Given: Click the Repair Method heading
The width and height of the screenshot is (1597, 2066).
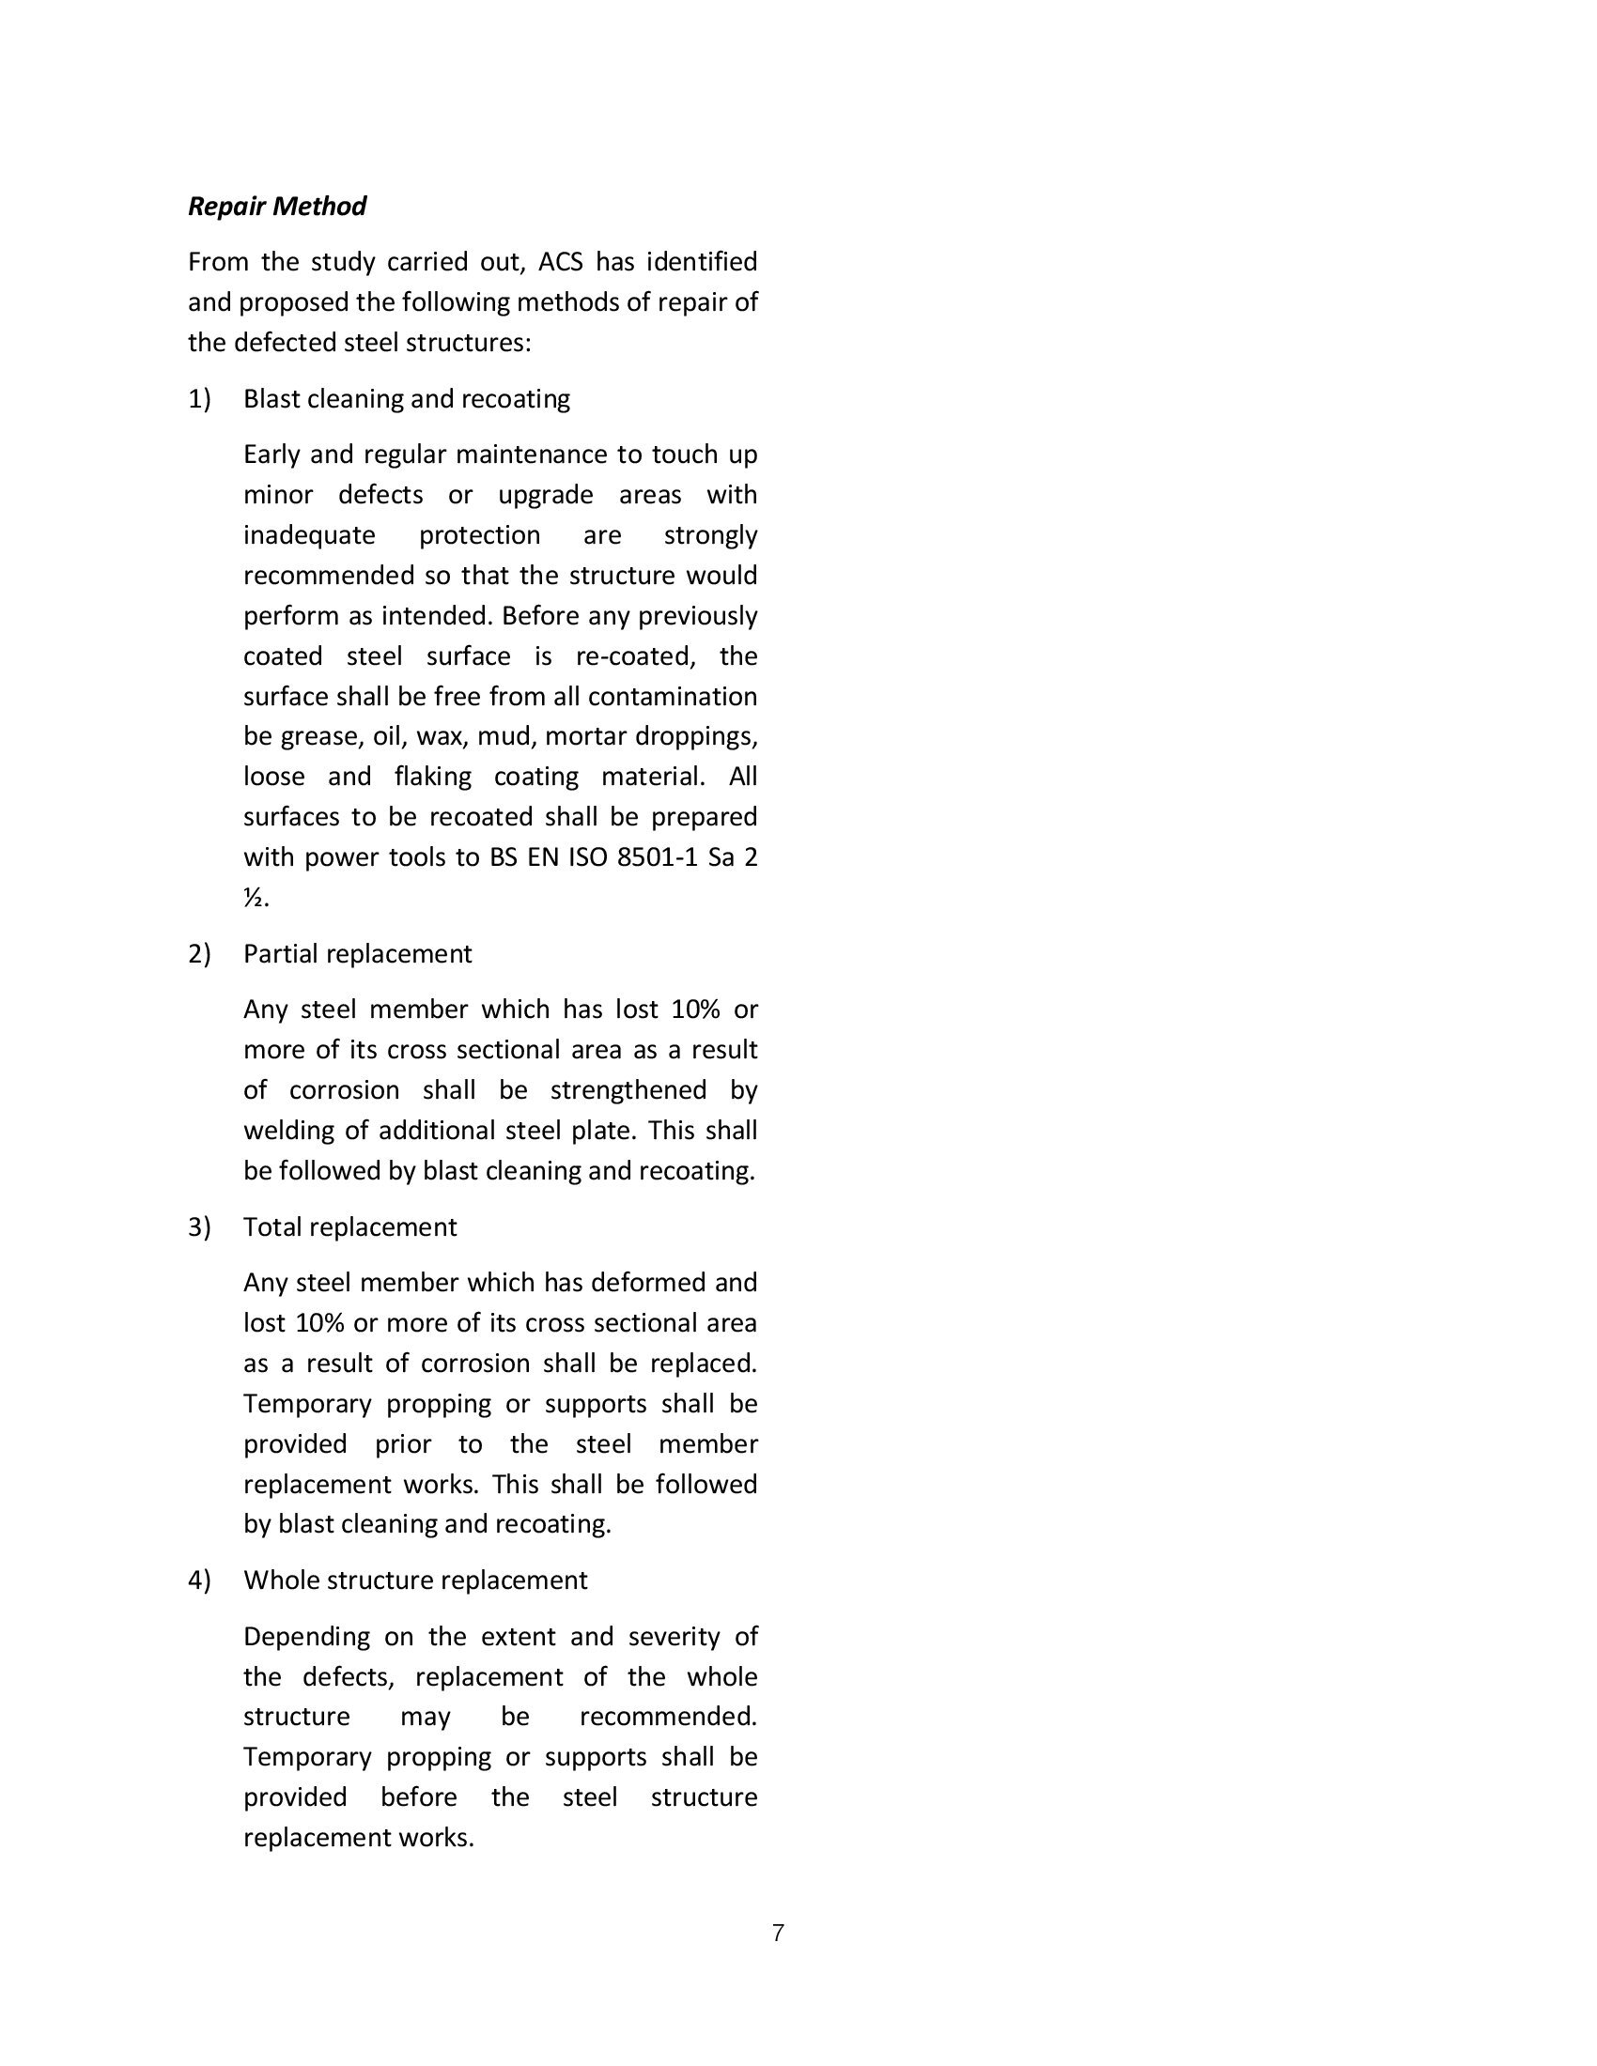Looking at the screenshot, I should click(x=276, y=207).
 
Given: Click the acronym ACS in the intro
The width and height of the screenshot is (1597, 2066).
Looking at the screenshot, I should click(x=561, y=262).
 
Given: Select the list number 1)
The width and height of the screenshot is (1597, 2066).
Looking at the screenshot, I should click(x=198, y=399).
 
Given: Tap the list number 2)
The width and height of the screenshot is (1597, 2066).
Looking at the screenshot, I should click(x=198, y=953).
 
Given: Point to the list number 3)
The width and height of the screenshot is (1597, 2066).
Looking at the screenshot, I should click(x=198, y=1227).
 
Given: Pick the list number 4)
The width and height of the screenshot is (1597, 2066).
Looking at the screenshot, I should click(x=198, y=1580).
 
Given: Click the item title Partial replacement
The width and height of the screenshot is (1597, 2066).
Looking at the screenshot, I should click(x=357, y=953).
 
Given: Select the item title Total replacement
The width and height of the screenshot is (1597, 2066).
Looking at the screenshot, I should click(x=349, y=1227).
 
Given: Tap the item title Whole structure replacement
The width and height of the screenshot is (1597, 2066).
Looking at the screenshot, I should click(x=415, y=1580).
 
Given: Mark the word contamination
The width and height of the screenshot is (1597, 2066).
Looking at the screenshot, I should click(x=672, y=697).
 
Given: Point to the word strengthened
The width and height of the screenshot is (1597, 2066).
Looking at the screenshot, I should click(x=628, y=1089).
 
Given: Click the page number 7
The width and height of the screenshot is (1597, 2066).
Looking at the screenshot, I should click(x=778, y=1934).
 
